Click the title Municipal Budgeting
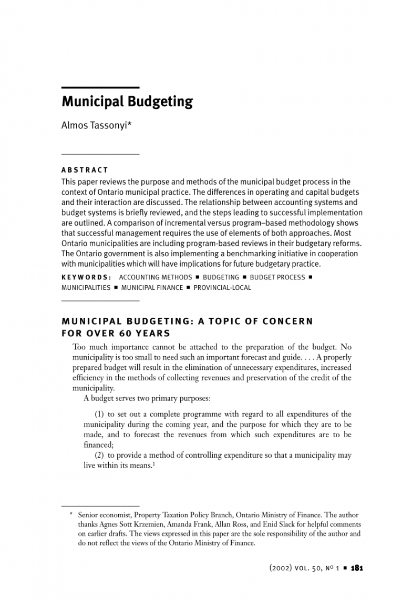click(127, 102)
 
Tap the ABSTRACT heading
click(85, 170)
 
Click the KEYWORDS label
click(86, 277)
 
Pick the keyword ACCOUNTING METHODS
click(156, 277)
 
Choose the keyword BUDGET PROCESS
click(277, 277)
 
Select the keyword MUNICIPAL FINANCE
click(152, 288)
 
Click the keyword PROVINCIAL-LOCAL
click(222, 288)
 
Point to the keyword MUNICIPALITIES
click(86, 288)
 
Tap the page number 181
click(357, 568)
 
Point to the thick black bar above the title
click(100, 87)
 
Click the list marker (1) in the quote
click(100, 415)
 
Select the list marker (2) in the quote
click(100, 455)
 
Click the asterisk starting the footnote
click(71, 516)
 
